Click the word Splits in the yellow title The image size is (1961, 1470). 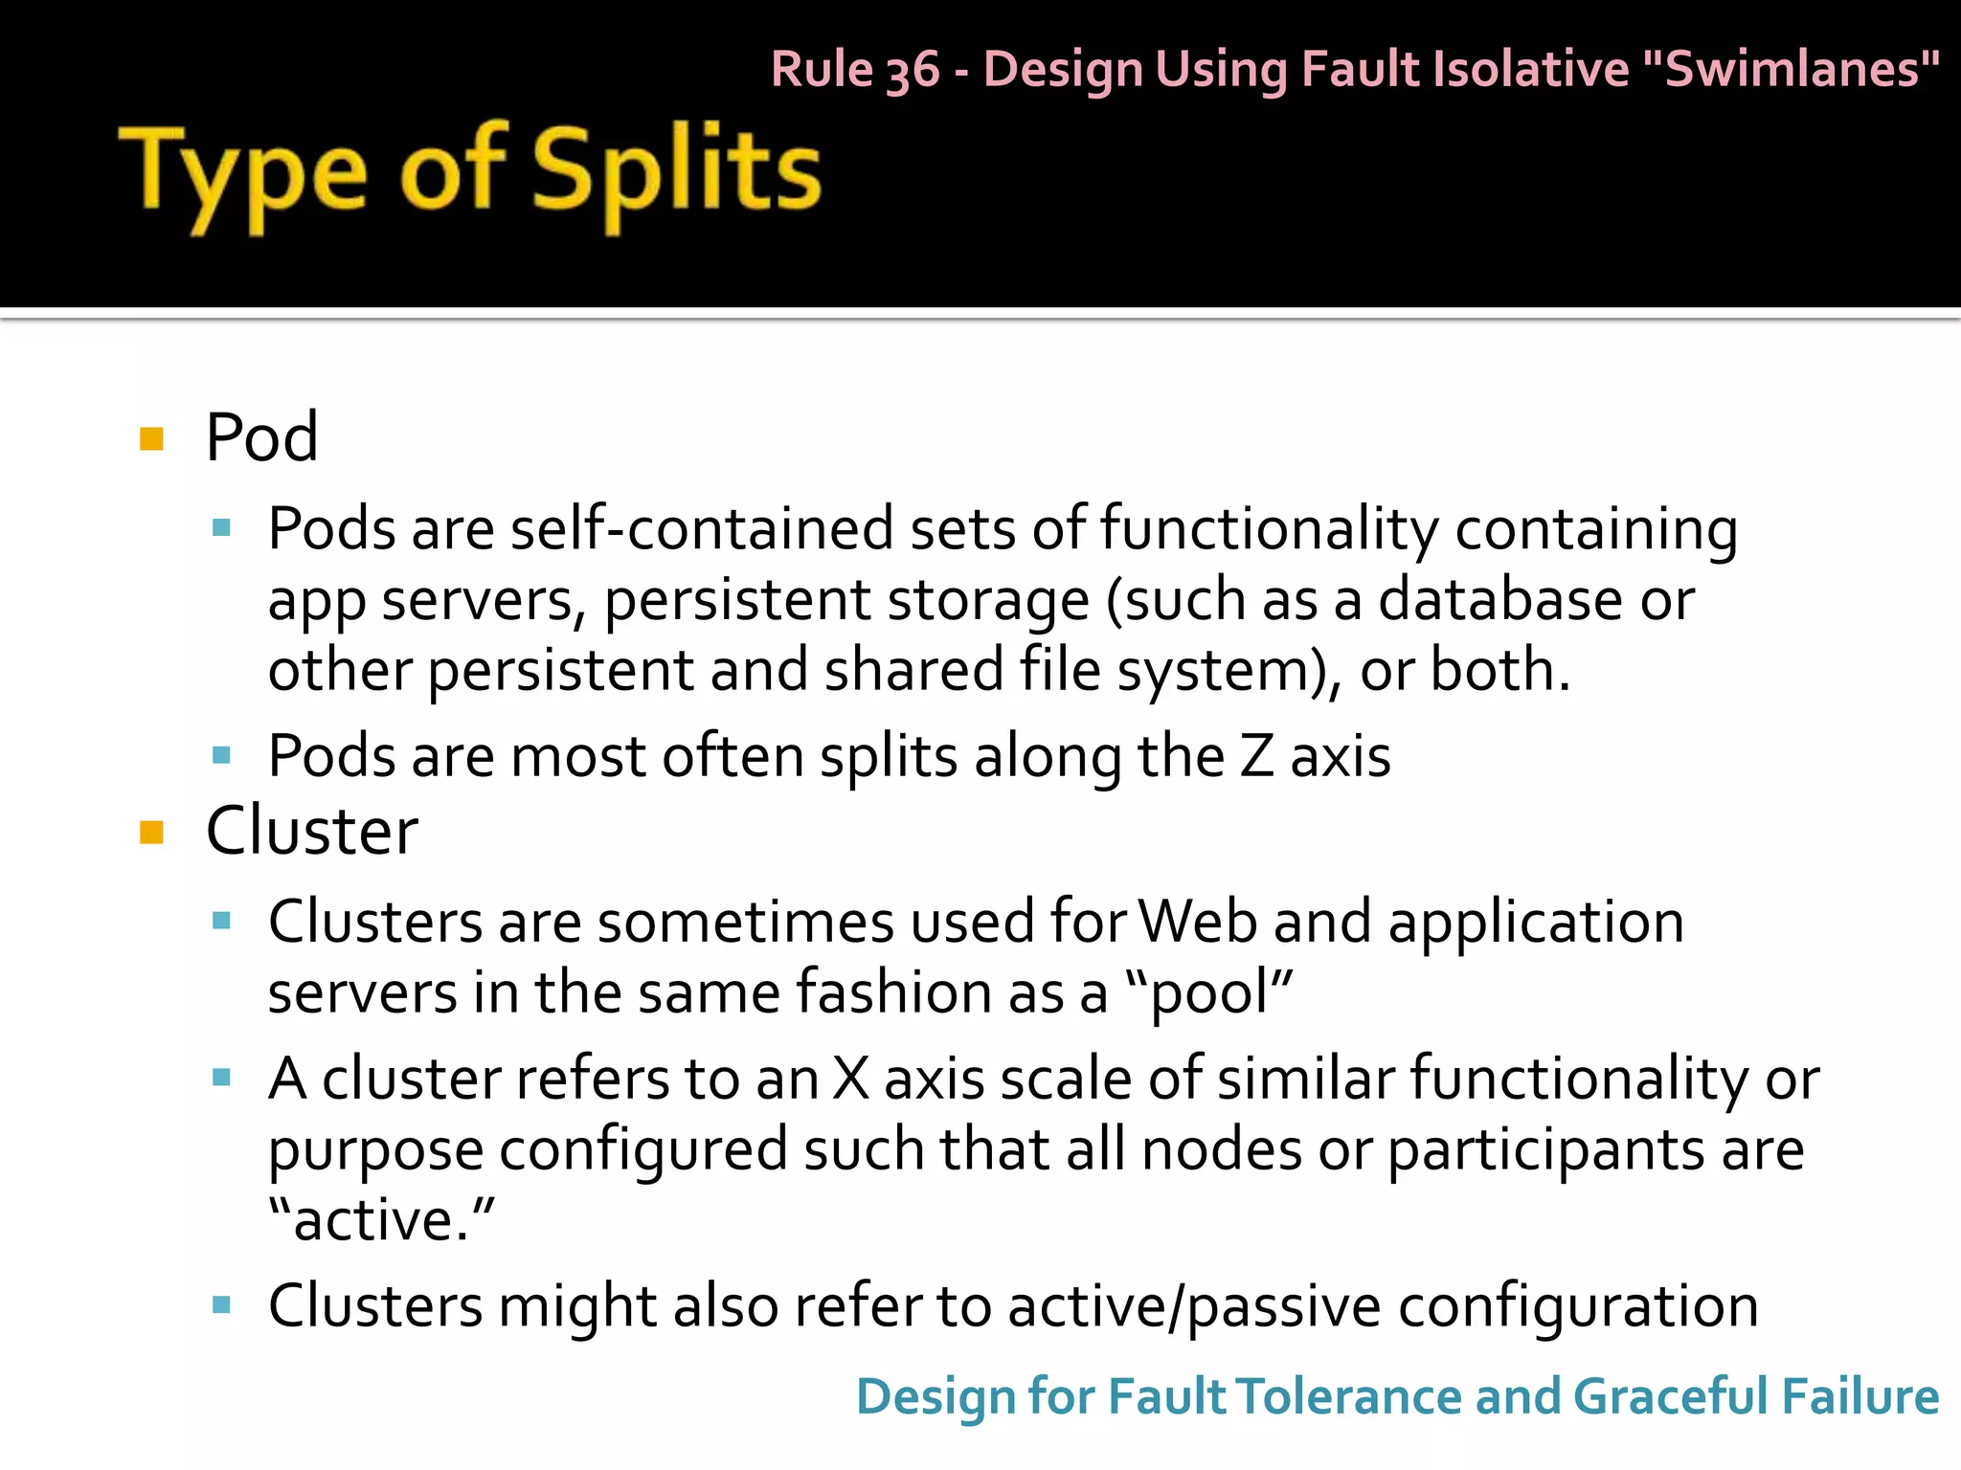coord(676,172)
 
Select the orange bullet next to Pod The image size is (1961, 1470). coord(151,439)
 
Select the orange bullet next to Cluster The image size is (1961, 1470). coord(151,832)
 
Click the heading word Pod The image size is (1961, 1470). coord(261,437)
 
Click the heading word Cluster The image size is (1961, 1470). coord(311,830)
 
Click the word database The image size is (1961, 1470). coord(1500,600)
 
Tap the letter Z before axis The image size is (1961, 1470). coord(1256,756)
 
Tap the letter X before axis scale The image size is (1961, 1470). coord(849,1079)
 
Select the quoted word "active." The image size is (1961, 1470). coord(381,1219)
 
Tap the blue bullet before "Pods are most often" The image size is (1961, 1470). coord(222,756)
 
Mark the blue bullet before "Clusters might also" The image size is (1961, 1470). coord(222,1305)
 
